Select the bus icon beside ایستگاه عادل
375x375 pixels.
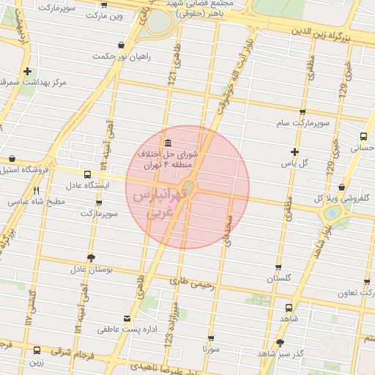88,175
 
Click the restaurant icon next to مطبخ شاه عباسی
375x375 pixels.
37,190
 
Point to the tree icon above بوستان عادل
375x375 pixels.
91,258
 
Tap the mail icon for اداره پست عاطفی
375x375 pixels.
128,319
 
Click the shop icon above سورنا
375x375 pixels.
212,338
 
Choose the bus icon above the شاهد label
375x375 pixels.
289,308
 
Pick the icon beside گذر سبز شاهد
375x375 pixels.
280,343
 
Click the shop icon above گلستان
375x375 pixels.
278,267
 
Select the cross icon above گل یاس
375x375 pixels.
294,152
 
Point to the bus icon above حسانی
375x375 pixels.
363,136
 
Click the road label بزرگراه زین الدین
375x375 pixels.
328,34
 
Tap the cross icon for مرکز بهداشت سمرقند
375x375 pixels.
27,72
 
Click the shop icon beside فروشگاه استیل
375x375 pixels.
12,158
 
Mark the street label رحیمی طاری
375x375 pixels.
191,282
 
